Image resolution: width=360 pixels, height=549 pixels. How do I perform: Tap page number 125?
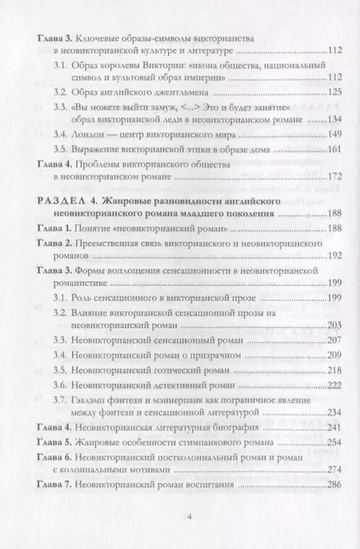[334, 93]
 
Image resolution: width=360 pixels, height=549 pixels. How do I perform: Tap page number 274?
[334, 471]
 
